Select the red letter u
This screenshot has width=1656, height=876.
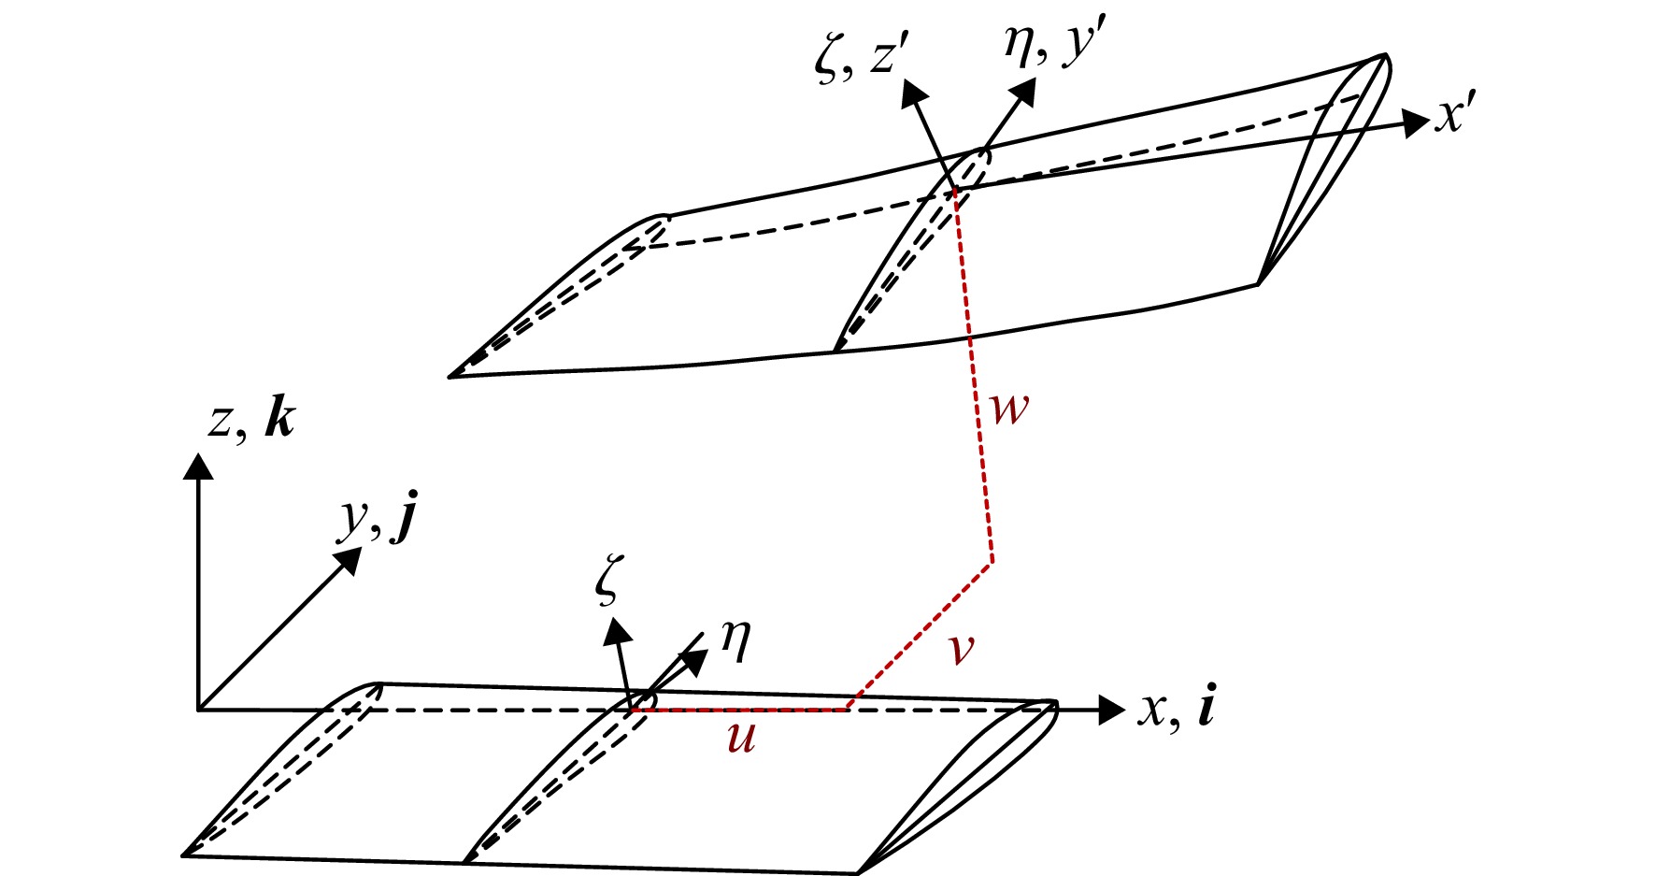[x=741, y=739]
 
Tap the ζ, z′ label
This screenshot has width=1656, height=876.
[x=858, y=64]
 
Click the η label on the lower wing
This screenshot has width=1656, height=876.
[x=735, y=643]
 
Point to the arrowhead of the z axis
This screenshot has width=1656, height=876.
[x=198, y=466]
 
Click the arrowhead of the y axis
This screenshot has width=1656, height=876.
[x=349, y=559]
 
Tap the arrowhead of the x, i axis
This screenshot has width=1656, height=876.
[x=1111, y=711]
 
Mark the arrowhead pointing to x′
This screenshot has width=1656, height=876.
[x=1417, y=122]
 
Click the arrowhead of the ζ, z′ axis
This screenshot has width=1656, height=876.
[x=913, y=91]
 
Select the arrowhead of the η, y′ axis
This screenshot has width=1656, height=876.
[x=1023, y=92]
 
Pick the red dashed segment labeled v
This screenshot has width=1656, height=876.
[x=920, y=636]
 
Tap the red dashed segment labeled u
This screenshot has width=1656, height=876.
[x=738, y=711]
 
